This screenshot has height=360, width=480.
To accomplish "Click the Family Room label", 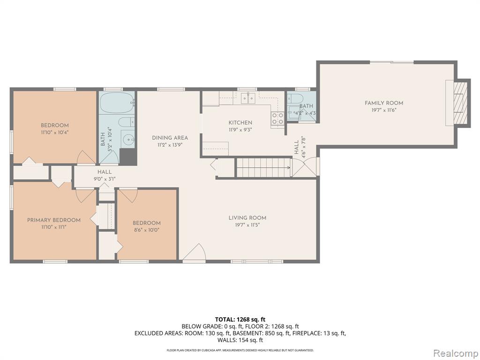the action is tap(383, 103).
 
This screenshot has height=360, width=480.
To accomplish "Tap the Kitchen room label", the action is tap(240, 123).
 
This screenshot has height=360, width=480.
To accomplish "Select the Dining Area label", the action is tap(170, 138).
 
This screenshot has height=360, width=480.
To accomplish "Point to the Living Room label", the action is tap(247, 218).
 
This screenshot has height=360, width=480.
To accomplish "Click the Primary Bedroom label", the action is tap(54, 220).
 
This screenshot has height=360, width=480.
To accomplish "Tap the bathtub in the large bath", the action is tap(117, 102).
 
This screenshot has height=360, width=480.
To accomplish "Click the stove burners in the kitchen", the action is tap(277, 119).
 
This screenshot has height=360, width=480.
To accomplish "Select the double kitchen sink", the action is tap(248, 98).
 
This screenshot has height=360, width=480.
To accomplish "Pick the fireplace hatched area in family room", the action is tap(461, 103).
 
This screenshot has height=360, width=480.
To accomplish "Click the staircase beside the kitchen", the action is tap(263, 167).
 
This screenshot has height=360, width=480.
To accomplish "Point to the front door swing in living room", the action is tap(195, 253).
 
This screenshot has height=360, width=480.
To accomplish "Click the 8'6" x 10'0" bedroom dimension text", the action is tap(146, 230).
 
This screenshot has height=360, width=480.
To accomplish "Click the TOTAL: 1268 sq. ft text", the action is tap(240, 320).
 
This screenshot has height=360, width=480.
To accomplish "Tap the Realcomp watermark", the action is tap(455, 353).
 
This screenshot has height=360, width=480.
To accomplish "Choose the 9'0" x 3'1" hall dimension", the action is tap(105, 179).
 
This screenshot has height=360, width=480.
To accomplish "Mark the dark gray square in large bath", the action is tap(127, 157).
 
